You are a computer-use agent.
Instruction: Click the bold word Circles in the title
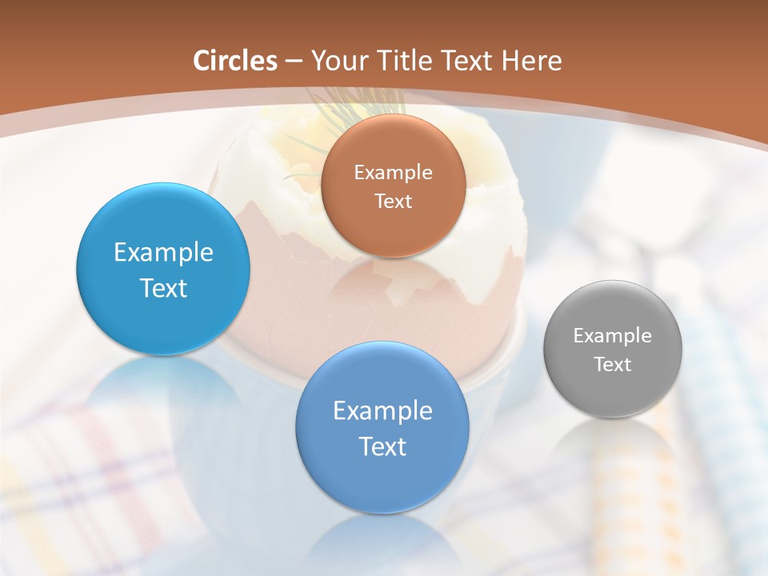click(x=235, y=61)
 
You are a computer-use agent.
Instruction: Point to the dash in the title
click(x=294, y=62)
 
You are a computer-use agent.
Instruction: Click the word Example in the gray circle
click(x=613, y=335)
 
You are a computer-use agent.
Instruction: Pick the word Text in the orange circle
click(x=393, y=202)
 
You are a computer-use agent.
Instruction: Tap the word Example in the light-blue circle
click(x=163, y=252)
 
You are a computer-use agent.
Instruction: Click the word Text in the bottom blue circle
click(x=382, y=446)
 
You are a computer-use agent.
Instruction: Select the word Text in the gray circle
click(x=613, y=364)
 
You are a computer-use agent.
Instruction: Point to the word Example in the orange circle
click(x=393, y=172)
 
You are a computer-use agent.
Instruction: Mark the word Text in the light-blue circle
click(x=163, y=288)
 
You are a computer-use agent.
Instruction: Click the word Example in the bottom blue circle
click(x=382, y=410)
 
